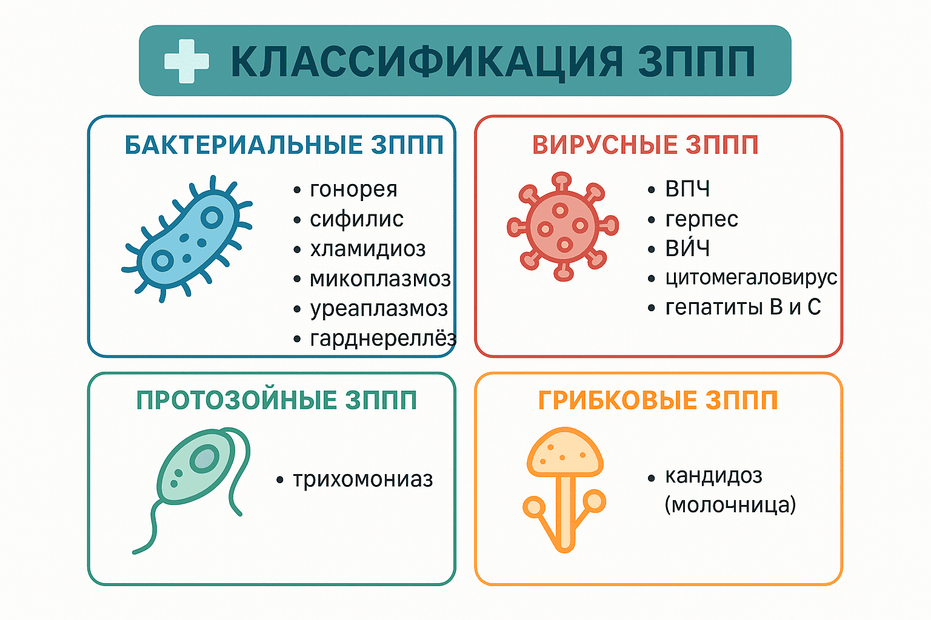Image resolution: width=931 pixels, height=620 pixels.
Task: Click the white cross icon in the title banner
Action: coord(187,61)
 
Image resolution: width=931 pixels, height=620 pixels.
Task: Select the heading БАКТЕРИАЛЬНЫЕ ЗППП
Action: coord(284,145)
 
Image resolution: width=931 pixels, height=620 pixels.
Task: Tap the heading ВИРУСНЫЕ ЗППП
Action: coord(646,145)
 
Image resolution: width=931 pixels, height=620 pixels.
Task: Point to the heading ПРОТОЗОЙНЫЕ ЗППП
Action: coord(276,400)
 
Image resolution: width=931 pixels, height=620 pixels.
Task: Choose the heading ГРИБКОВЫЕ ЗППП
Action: coord(658,400)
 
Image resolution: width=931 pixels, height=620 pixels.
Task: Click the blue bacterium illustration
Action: coord(187,239)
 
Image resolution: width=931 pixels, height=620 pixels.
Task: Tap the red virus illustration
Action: coord(562,226)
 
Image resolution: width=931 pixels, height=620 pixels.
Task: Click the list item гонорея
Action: coord(354,190)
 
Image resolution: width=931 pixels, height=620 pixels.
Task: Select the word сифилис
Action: coord(356,219)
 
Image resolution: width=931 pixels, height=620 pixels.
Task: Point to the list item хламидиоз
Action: coord(368,249)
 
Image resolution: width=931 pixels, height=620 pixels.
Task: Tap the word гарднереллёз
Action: coord(383,338)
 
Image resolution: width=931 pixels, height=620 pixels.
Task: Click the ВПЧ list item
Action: coord(687,189)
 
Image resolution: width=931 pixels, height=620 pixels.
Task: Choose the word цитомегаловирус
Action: coord(752,278)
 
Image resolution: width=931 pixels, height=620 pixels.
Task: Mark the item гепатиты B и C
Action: coord(743,308)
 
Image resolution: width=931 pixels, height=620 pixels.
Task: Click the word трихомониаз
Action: coord(363,479)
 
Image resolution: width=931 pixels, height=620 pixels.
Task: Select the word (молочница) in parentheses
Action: coord(730,505)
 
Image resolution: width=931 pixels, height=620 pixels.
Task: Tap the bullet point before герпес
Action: coord(652,220)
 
